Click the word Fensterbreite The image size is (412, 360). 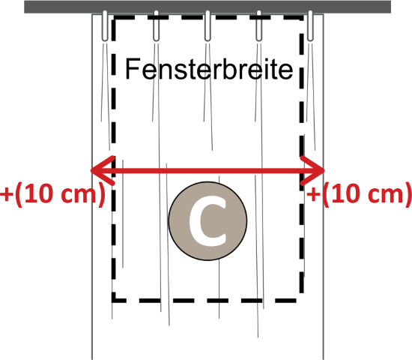click(x=209, y=69)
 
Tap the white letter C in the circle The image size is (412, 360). click(x=207, y=221)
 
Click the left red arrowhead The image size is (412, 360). click(x=103, y=170)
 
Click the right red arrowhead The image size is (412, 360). click(x=312, y=170)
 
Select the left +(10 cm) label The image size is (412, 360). click(x=52, y=194)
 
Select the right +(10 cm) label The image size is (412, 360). click(x=359, y=194)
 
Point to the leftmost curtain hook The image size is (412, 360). click(x=105, y=25)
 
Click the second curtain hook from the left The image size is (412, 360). click(x=156, y=25)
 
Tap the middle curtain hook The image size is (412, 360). click(x=207, y=25)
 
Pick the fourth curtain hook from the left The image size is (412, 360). click(x=259, y=25)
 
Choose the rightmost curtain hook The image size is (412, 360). click(x=310, y=25)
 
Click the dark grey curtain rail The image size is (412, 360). click(x=207, y=7)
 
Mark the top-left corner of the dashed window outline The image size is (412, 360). click(x=114, y=17)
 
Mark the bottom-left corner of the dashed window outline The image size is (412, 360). click(x=114, y=300)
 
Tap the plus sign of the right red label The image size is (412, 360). click(x=313, y=195)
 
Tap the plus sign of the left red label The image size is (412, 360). click(x=6, y=195)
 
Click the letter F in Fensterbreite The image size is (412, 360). click(x=133, y=69)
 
